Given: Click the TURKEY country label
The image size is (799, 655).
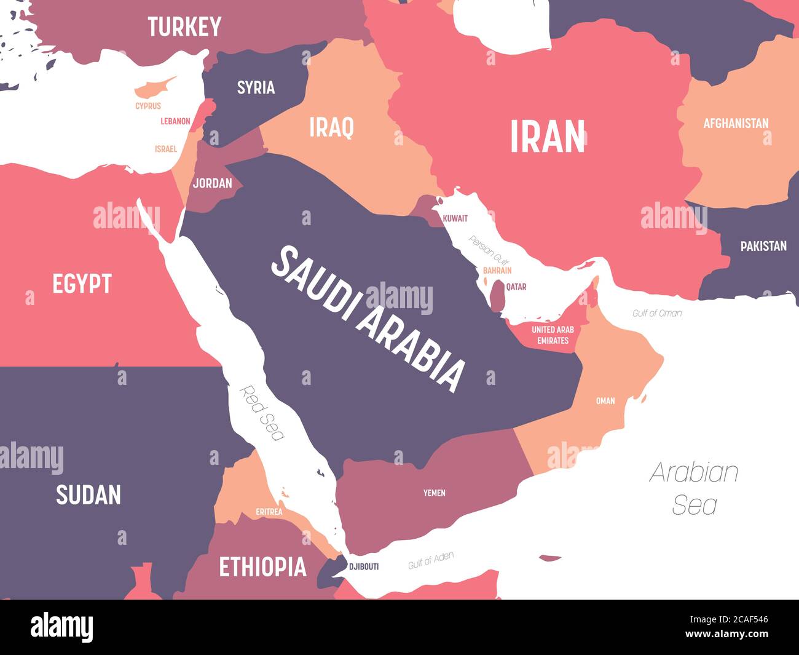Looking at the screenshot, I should click(x=184, y=27).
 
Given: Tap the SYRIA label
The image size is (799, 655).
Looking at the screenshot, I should click(x=256, y=87).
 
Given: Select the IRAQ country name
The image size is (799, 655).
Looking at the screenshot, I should click(x=331, y=128).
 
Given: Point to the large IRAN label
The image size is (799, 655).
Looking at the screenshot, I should click(x=547, y=137).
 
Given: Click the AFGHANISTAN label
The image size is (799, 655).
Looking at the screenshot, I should click(x=736, y=123).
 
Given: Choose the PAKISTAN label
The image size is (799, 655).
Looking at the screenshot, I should click(x=763, y=246).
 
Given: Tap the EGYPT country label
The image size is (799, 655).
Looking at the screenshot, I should click(x=82, y=284).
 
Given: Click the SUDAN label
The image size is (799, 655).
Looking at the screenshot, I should click(x=89, y=495).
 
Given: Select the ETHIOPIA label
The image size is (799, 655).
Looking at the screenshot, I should click(x=262, y=566).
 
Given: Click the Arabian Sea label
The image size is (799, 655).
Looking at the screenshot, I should click(x=694, y=488).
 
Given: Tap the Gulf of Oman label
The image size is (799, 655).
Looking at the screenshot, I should click(x=656, y=313).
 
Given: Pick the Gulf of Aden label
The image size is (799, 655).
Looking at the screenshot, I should click(x=431, y=560).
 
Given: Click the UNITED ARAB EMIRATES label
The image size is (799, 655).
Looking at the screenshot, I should click(x=553, y=335).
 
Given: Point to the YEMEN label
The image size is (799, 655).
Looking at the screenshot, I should click(x=434, y=493).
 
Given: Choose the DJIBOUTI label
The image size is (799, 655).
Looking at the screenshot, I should click(x=363, y=566).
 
